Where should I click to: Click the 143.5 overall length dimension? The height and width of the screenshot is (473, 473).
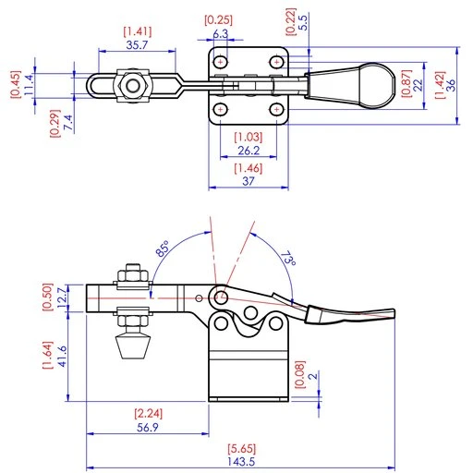point(241,462)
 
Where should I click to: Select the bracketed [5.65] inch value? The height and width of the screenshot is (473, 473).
point(241,446)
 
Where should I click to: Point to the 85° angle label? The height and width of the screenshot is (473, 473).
point(162,250)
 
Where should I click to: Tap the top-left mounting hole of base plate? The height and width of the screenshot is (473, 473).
point(220,61)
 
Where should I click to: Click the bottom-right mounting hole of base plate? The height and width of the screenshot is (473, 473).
point(275,109)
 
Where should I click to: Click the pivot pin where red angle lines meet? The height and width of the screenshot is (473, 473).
point(220,297)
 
